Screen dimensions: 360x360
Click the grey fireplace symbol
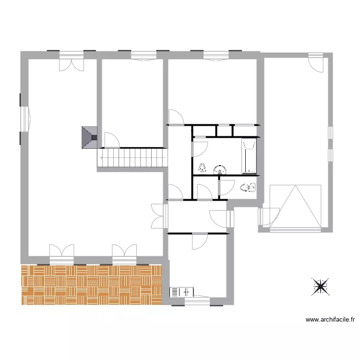[x=88, y=138]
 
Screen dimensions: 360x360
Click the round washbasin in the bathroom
[x=220, y=168]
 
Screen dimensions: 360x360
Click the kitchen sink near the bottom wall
[x=182, y=291]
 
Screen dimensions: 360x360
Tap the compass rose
[x=320, y=287]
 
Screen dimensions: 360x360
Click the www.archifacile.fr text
[x=330, y=319]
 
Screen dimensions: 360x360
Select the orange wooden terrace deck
[x=91, y=285]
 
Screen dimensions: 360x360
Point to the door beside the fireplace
[x=112, y=140]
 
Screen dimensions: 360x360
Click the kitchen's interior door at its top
[x=199, y=241]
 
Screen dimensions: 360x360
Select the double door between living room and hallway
[x=159, y=216]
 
